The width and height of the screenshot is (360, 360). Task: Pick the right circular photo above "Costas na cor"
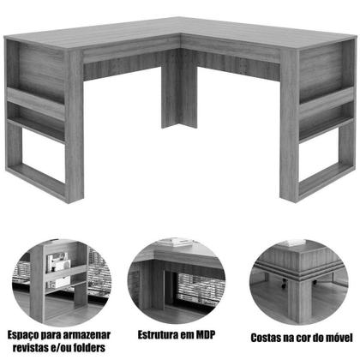pyautogui.click(x=297, y=276)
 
